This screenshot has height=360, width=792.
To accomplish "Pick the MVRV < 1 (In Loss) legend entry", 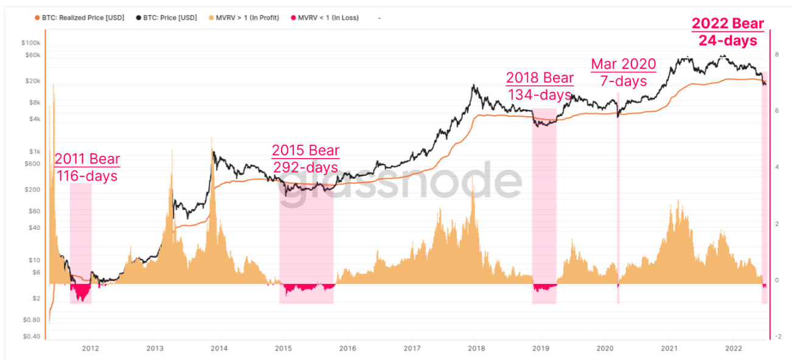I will (x=328, y=18).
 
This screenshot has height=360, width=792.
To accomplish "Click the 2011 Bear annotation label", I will (x=87, y=159).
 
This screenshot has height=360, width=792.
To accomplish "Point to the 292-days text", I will (x=305, y=167).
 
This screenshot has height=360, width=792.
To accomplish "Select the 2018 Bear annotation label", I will (x=540, y=78).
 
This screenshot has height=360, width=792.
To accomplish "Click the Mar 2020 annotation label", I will (x=624, y=64).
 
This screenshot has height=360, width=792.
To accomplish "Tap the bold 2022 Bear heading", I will (x=728, y=24).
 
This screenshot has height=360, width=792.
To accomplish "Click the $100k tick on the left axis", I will (x=30, y=44).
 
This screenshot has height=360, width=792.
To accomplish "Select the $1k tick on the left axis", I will (x=33, y=151).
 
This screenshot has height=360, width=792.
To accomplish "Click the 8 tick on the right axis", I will (x=777, y=55).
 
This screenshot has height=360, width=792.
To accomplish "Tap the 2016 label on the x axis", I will (x=347, y=348).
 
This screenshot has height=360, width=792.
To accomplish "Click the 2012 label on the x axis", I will (x=90, y=348).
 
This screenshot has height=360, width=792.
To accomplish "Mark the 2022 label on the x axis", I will (x=734, y=348).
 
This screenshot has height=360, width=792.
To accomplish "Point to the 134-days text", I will (x=540, y=95).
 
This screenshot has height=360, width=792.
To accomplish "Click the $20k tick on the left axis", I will (x=32, y=81).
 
